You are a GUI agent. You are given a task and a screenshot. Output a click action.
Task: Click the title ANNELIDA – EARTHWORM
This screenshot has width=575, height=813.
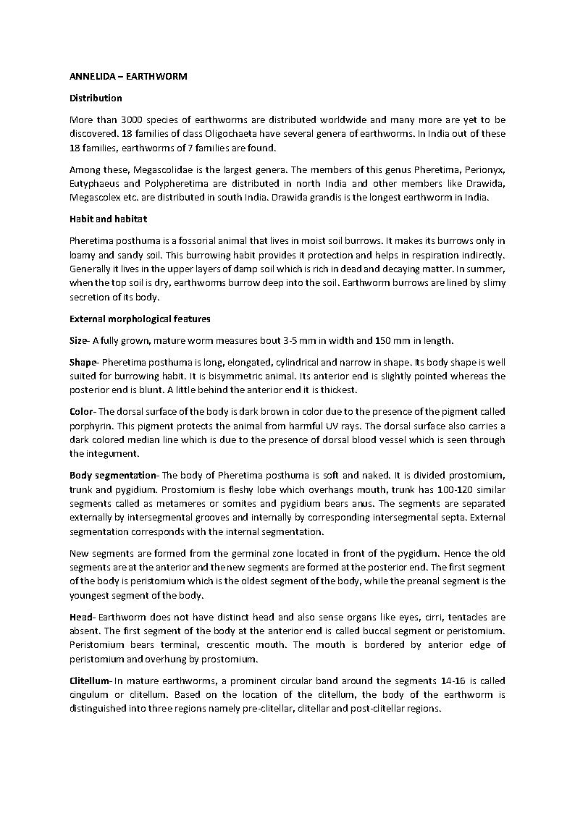click(128, 76)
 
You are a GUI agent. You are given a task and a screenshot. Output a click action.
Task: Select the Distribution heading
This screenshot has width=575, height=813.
click(96, 98)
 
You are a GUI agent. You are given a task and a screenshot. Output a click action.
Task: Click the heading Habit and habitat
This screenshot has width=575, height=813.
click(109, 219)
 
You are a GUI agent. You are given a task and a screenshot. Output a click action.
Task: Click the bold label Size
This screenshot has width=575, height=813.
click(79, 340)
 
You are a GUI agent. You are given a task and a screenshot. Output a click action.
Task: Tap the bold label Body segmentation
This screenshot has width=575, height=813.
click(113, 475)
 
